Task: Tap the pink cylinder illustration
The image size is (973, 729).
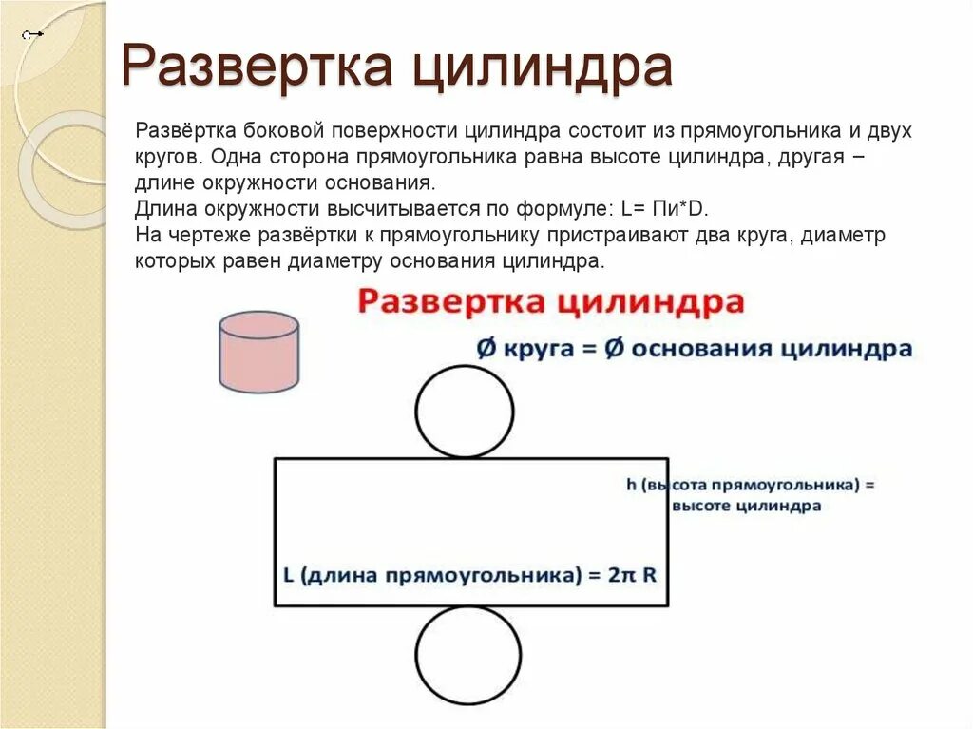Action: click(258, 352)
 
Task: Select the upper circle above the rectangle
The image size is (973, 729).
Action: click(465, 411)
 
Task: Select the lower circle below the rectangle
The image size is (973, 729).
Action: click(465, 655)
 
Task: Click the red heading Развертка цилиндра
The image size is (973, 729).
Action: click(550, 302)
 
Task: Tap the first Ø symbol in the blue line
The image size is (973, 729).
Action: click(486, 349)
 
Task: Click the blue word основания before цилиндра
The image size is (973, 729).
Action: click(702, 349)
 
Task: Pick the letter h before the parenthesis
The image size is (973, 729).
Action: click(631, 485)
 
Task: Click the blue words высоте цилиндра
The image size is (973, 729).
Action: click(746, 507)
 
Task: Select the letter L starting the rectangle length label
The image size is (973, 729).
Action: click(288, 575)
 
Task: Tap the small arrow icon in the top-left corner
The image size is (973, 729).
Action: click(33, 35)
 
